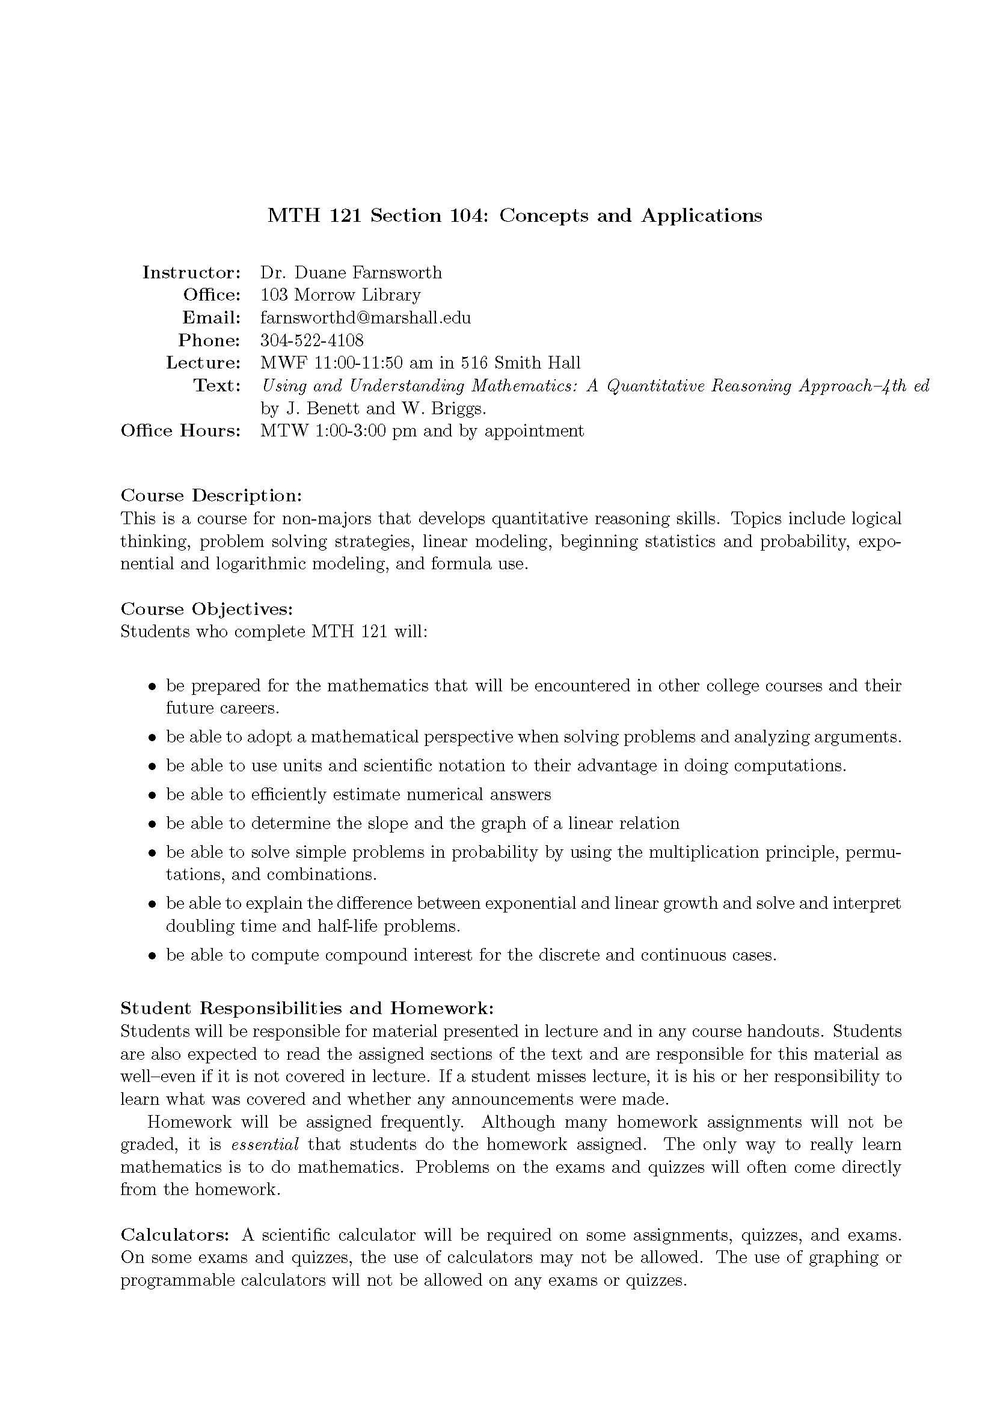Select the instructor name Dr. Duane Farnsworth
[351, 272]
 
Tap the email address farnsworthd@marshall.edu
[365, 318]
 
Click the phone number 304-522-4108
[311, 340]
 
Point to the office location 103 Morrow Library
[340, 295]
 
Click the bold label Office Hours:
[180, 431]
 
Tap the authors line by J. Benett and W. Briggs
[373, 408]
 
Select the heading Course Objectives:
[207, 609]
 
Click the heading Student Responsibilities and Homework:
[307, 1008]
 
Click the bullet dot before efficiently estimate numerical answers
[153, 795]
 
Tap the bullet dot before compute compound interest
[153, 956]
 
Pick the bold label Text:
[217, 386]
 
